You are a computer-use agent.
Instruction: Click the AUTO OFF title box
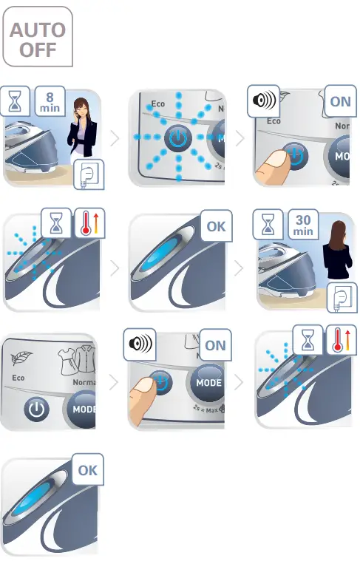pyautogui.click(x=38, y=39)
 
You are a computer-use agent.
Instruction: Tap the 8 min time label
pyautogui.click(x=50, y=101)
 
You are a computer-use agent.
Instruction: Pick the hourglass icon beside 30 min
pyautogui.click(x=268, y=223)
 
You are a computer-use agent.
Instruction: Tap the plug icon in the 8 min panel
pyautogui.click(x=89, y=175)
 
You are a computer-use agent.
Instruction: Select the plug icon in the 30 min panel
pyautogui.click(x=342, y=296)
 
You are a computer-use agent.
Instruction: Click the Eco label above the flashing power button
pyautogui.click(x=157, y=103)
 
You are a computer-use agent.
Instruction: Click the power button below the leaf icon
pyautogui.click(x=36, y=409)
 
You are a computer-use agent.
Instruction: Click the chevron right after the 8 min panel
pyautogui.click(x=115, y=138)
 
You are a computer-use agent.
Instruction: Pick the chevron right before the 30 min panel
pyautogui.click(x=238, y=268)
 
